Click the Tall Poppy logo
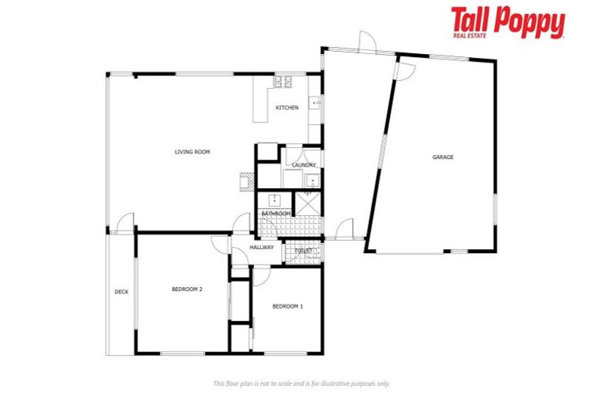pyautogui.click(x=507, y=23)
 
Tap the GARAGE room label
pyautogui.click(x=442, y=157)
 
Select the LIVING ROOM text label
pyautogui.click(x=192, y=152)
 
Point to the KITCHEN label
pyautogui.click(x=287, y=108)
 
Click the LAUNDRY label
pyautogui.click(x=302, y=165)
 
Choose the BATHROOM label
pyautogui.click(x=276, y=213)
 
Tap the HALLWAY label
pyautogui.click(x=262, y=248)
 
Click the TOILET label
pyautogui.click(x=303, y=252)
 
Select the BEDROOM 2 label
pyautogui.click(x=187, y=289)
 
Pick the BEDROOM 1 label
pyautogui.click(x=288, y=306)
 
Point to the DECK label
pyautogui.click(x=121, y=292)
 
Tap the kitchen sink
pyautogui.click(x=315, y=102)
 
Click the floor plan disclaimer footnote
pyautogui.click(x=301, y=383)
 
